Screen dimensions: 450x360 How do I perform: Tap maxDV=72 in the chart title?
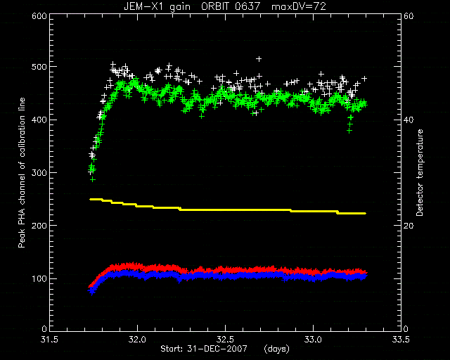click(298, 6)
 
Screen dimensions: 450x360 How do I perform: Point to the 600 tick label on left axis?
click(39, 15)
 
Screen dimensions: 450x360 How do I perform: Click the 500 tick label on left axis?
click(39, 67)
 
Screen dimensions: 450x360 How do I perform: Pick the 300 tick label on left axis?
click(39, 172)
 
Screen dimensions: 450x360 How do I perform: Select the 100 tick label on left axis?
click(39, 278)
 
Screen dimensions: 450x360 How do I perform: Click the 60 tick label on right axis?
click(409, 15)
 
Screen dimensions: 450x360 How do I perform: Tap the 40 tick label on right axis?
click(409, 120)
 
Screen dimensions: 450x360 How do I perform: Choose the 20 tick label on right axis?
click(409, 226)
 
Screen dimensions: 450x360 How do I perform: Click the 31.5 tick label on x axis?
click(49, 340)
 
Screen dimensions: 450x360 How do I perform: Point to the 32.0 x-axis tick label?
click(138, 340)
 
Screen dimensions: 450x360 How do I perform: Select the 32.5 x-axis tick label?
click(225, 340)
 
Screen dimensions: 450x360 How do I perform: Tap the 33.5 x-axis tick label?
click(401, 340)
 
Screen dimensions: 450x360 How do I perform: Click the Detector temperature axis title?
click(420, 172)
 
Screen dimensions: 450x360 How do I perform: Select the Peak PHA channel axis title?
click(22, 172)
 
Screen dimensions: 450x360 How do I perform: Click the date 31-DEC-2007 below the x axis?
click(217, 349)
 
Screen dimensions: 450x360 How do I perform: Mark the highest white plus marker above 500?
click(259, 59)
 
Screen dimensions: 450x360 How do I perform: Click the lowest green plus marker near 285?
click(93, 179)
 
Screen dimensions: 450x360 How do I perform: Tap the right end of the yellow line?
click(366, 213)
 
